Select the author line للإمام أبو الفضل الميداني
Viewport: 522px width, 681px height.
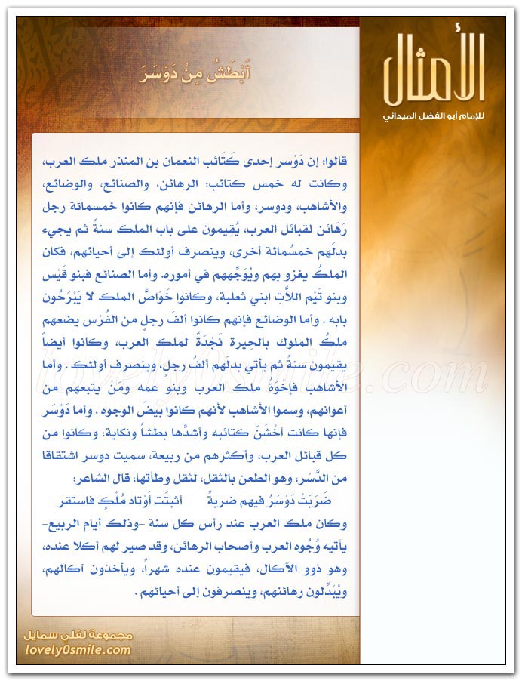pos(431,118)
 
